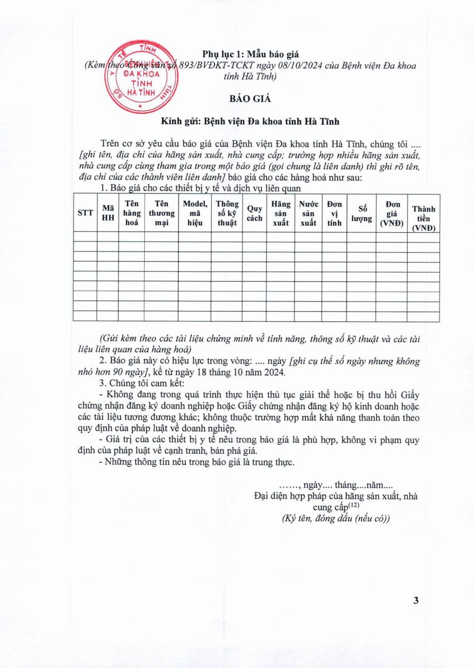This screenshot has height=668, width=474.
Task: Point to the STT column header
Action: tap(85, 213)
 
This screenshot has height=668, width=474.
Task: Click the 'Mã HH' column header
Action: tap(108, 213)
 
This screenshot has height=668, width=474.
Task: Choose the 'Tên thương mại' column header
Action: tap(162, 213)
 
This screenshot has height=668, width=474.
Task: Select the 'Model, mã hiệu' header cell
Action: tap(195, 213)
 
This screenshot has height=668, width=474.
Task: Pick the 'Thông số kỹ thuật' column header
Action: tap(227, 213)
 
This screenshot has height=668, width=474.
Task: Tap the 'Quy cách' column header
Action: tap(255, 213)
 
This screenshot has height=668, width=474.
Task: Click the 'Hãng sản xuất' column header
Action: tap(281, 213)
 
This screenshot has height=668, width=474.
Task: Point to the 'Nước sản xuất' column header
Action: tap(308, 213)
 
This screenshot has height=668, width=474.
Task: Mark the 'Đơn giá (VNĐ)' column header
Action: tap(392, 213)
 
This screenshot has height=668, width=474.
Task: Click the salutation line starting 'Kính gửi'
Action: tap(250, 121)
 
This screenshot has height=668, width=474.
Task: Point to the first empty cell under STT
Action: tap(85, 237)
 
